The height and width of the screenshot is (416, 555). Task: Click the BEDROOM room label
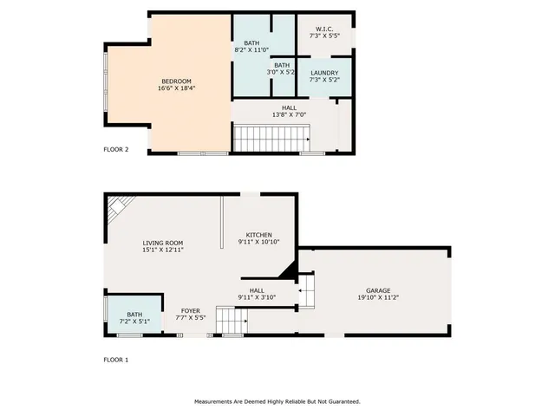[176, 81]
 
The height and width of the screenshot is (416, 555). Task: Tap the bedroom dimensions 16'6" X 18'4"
[176, 88]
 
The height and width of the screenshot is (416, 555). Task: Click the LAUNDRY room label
[323, 72]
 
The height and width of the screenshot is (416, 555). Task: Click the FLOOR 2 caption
[116, 149]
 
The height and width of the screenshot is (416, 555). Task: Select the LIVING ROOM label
[163, 243]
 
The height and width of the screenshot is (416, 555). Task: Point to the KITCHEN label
[258, 235]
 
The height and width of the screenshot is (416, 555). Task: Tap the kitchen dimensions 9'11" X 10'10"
[258, 243]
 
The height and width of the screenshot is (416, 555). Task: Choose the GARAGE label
[377, 290]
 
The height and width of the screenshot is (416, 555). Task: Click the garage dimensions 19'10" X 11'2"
[377, 298]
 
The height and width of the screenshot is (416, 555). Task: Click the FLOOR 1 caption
[116, 359]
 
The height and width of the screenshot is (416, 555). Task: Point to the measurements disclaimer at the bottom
[277, 401]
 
